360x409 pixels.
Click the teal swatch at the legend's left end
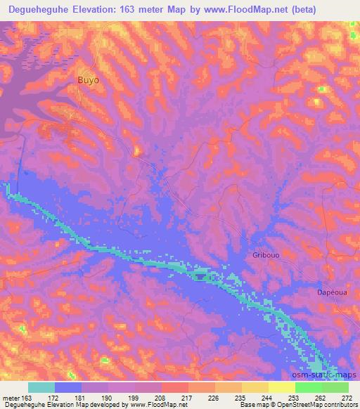[x=41, y=387]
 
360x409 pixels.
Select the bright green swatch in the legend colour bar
[x=308, y=387]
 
